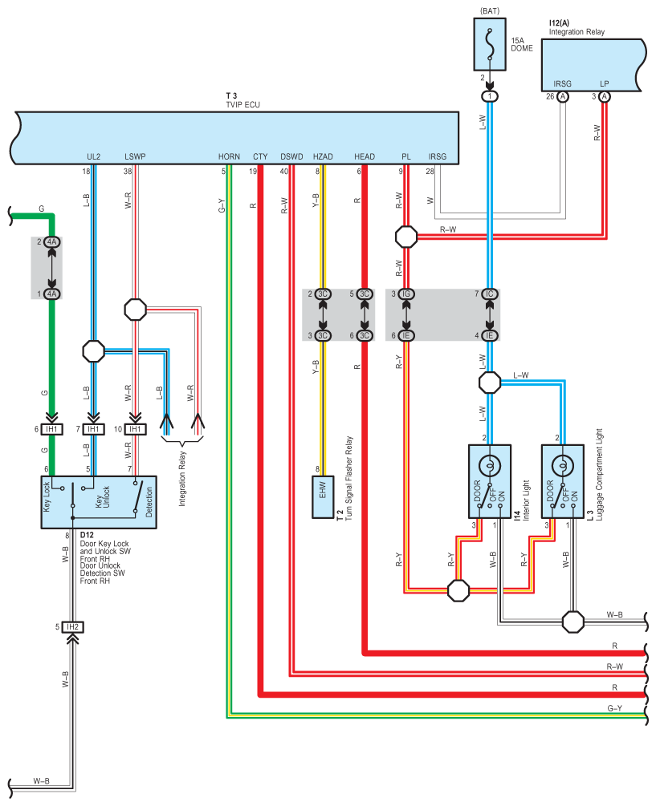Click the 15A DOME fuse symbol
[489, 45]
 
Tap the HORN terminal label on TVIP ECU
[229, 156]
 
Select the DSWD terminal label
[291, 156]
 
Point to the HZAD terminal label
[323, 156]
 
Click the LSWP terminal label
[135, 156]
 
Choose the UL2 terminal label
[94, 156]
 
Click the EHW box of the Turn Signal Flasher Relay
[323, 497]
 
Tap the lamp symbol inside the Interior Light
[489, 466]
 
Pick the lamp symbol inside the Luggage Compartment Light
[562, 466]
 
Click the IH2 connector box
[72, 627]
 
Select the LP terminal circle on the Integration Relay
[605, 96]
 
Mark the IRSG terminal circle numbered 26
[563, 96]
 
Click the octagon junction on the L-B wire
[94, 351]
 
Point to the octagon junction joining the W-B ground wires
[572, 622]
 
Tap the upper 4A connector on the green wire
[52, 241]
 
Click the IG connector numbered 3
[406, 294]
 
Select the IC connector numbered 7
[489, 294]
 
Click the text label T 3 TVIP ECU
[242, 100]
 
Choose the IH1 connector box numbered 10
[136, 429]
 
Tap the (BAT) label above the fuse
[489, 10]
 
